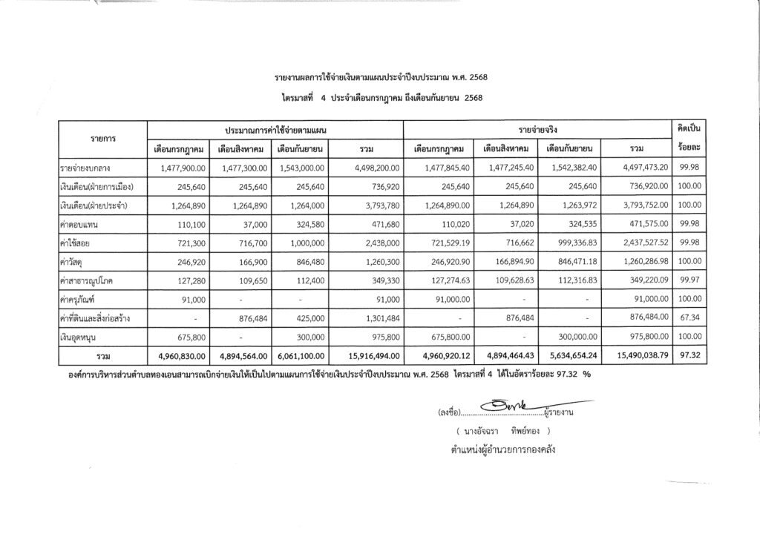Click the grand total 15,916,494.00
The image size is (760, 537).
[368, 357]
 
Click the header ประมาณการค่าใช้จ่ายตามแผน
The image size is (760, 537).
[275, 130]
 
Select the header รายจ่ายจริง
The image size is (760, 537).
[537, 130]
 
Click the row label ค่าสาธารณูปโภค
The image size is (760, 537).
[93, 282]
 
